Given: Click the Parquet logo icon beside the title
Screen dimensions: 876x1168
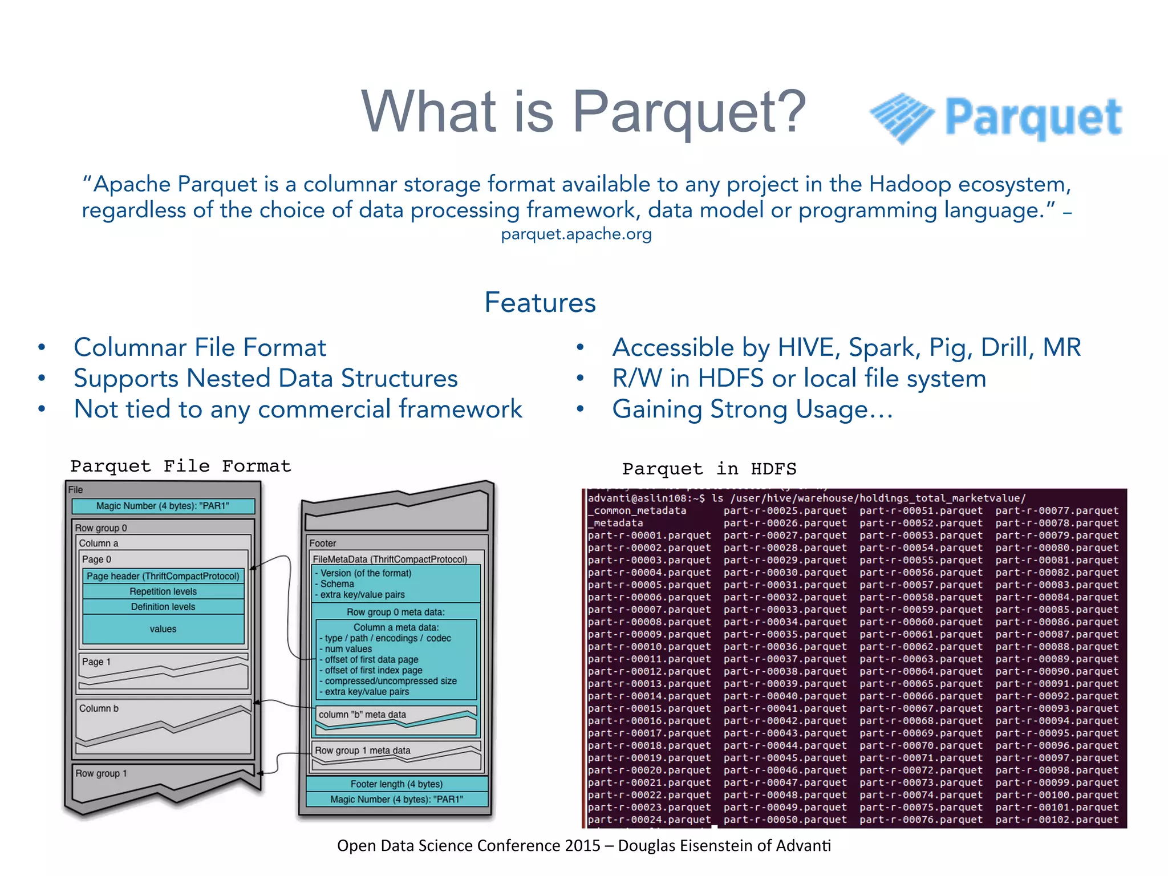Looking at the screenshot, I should click(902, 117).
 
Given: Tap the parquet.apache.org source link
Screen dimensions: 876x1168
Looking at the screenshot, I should click(576, 234).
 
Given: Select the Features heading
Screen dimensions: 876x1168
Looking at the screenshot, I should click(540, 302).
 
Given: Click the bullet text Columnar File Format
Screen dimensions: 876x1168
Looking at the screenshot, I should click(200, 347).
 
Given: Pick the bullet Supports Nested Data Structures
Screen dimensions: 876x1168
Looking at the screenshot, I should click(265, 378).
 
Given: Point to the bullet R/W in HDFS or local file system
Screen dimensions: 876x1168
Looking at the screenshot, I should click(798, 378).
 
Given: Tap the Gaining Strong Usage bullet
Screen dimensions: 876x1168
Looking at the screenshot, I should click(752, 409).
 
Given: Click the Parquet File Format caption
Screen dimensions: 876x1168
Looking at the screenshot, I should click(180, 466).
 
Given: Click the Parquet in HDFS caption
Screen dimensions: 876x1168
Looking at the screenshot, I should click(709, 469).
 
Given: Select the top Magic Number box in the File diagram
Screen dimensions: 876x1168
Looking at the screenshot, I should click(163, 506).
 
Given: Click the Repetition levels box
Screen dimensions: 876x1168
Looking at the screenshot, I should click(163, 591).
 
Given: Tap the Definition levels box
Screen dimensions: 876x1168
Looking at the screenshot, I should click(163, 607).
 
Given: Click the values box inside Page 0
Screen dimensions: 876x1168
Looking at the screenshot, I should click(163, 629).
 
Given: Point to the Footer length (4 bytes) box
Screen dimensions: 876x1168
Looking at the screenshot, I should click(396, 784).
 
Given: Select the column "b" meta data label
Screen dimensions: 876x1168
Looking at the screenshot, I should click(362, 715).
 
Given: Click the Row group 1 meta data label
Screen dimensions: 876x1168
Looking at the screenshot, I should click(362, 751).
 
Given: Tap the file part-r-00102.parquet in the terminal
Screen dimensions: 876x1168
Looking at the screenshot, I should click(1057, 820).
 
